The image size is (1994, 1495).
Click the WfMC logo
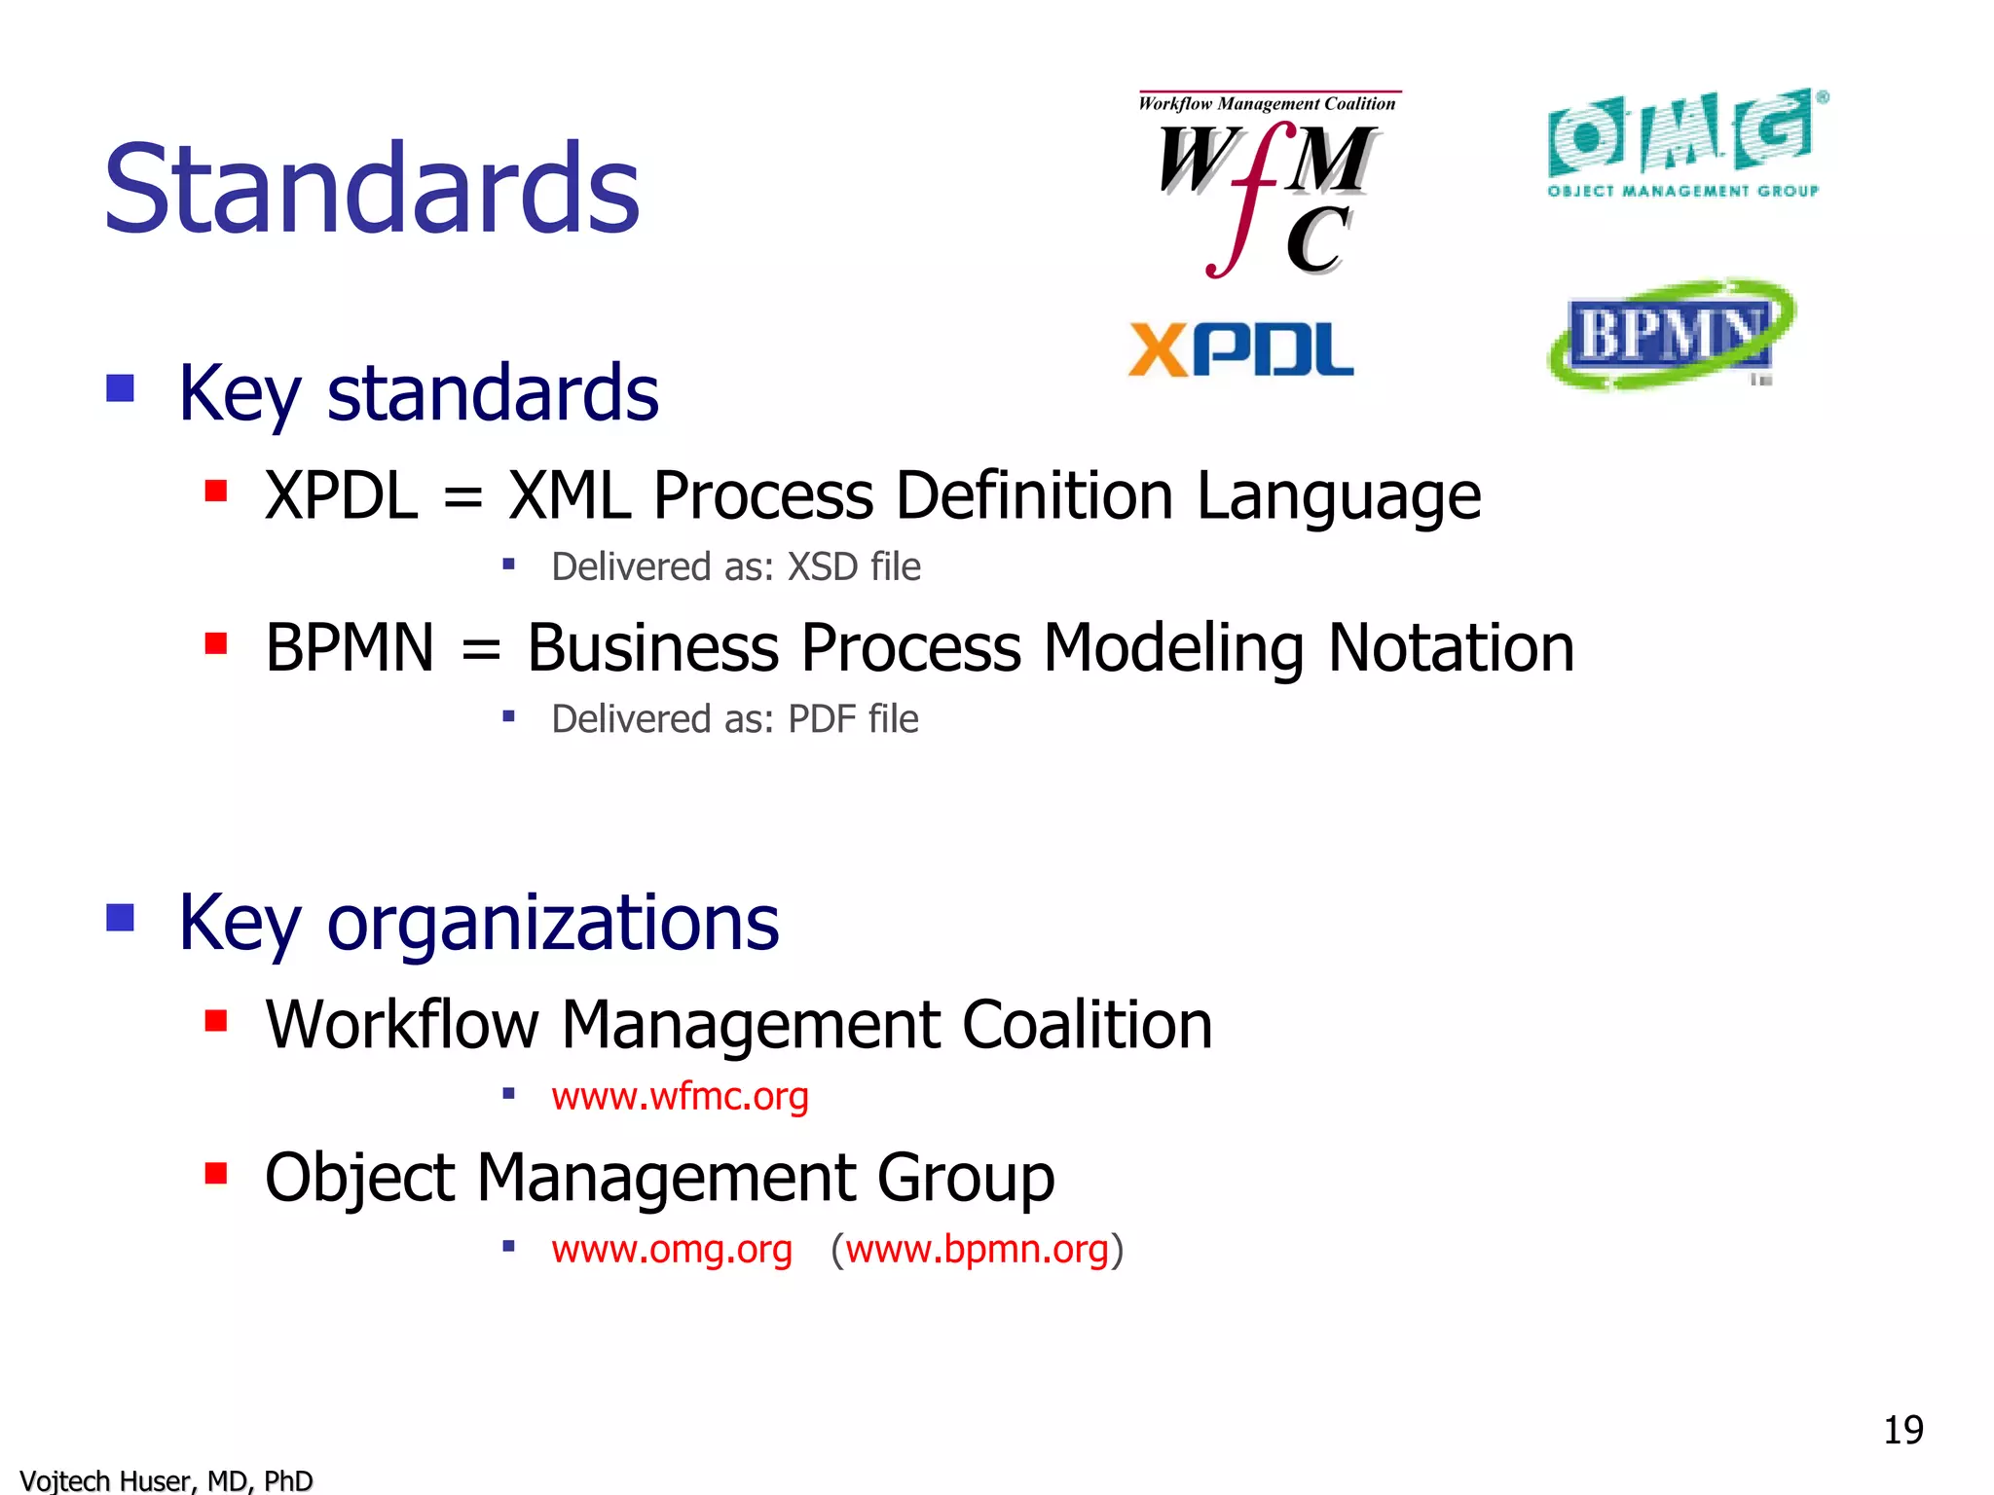point(1267,185)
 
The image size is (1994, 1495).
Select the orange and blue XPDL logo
point(1240,349)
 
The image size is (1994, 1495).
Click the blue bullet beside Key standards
point(120,388)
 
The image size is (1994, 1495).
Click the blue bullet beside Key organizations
point(120,918)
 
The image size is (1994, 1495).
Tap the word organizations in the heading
point(552,922)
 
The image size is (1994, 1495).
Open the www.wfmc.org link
point(680,1096)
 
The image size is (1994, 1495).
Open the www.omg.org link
point(672,1249)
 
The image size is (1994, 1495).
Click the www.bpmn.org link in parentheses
point(977,1249)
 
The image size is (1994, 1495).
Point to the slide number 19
point(1902,1430)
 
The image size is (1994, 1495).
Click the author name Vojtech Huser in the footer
point(107,1480)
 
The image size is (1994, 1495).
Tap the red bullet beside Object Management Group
point(215,1173)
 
